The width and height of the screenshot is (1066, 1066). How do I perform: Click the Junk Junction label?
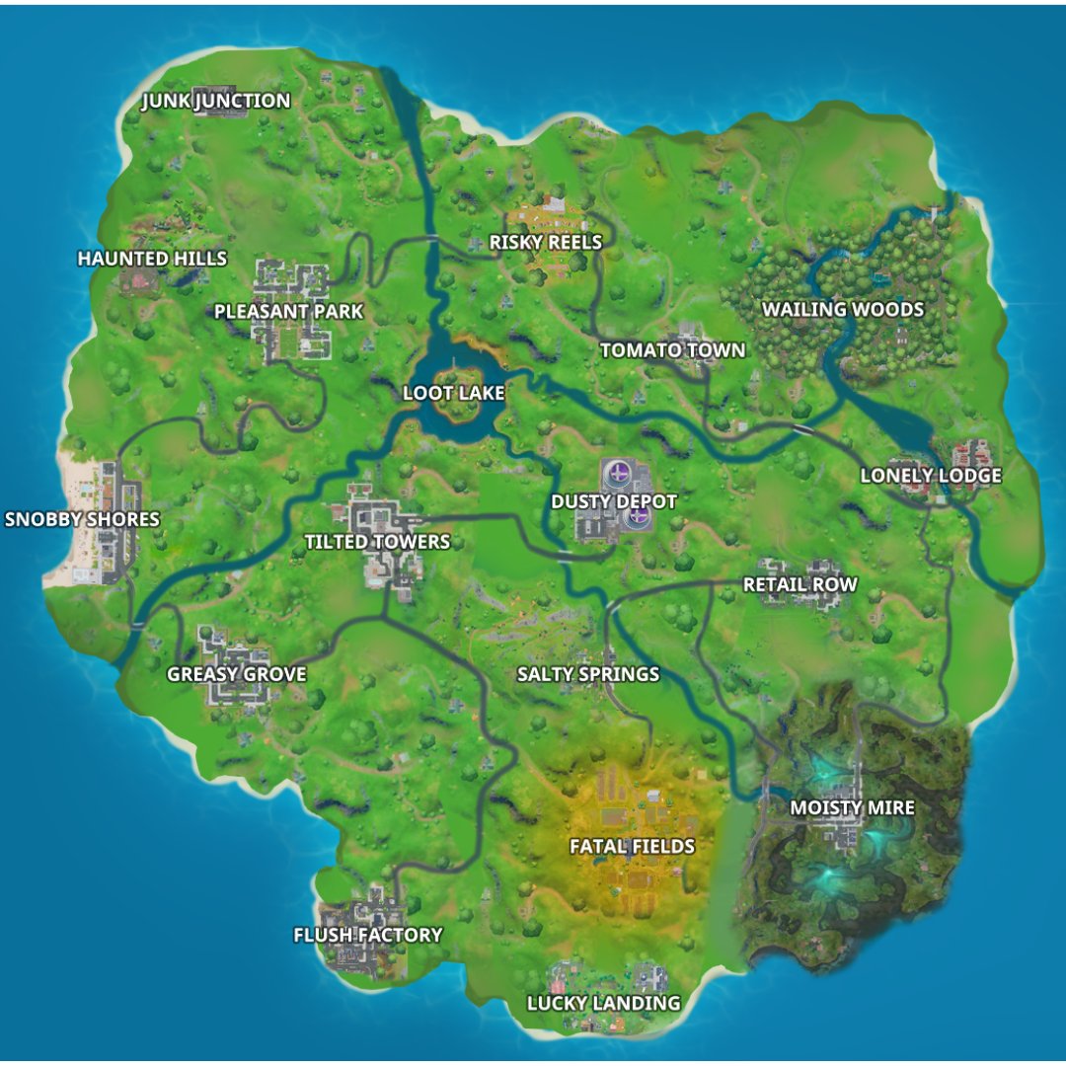[216, 101]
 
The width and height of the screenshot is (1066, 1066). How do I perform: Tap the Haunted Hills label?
[152, 259]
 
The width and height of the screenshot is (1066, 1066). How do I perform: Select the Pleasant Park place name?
[288, 312]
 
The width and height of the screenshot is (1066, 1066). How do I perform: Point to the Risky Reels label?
[546, 242]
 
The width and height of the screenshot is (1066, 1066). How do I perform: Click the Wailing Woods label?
[843, 310]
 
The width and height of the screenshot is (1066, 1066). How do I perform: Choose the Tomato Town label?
[672, 350]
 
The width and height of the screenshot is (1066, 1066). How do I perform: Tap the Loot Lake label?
[454, 393]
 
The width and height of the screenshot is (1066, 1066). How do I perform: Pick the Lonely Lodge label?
[931, 476]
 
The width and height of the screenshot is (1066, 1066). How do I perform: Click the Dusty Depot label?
[614, 501]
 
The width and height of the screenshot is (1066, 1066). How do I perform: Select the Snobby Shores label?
[82, 519]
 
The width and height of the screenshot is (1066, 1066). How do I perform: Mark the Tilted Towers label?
[377, 542]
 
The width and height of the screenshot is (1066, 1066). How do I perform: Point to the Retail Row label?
[799, 584]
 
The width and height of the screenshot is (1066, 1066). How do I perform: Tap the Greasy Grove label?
[237, 675]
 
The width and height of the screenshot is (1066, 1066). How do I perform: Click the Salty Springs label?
[588, 675]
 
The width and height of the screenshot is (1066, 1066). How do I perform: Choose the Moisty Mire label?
[852, 808]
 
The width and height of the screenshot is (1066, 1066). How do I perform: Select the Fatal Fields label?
[632, 846]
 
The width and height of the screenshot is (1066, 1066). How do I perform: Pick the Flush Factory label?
[368, 935]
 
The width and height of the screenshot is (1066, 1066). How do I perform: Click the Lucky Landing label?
[603, 1003]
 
